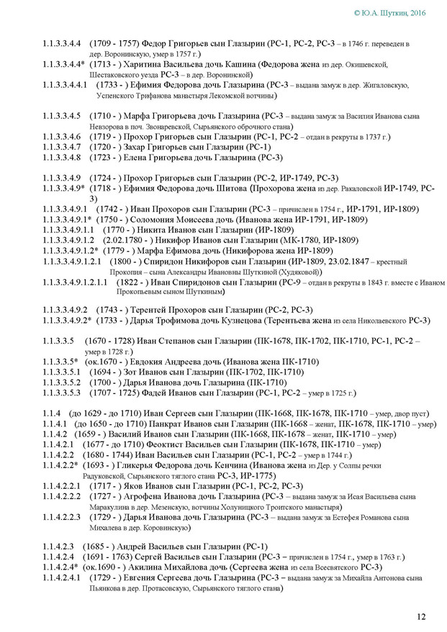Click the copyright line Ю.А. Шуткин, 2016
point(396,13)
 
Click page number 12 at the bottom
point(421,616)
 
